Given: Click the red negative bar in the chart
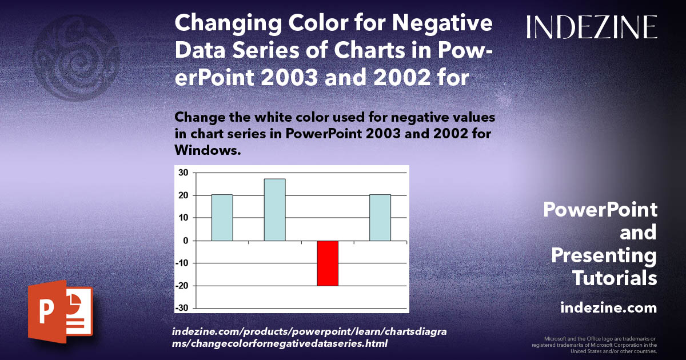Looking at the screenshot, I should click(328, 263).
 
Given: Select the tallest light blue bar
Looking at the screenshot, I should click(274, 210).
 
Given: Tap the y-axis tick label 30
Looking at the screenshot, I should click(183, 173).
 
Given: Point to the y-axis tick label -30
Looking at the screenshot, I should click(181, 308).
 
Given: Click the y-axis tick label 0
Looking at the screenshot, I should click(185, 241).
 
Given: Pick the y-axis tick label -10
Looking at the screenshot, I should click(181, 263).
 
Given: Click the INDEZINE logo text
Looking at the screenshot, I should click(592, 27).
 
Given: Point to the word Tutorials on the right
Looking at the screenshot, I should click(615, 278).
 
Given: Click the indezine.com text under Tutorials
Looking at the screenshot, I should click(608, 308).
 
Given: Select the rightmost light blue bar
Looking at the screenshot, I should click(380, 218).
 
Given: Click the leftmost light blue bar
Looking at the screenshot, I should click(222, 218).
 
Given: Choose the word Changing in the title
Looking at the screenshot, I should click(229, 25).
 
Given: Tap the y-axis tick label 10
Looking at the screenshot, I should click(183, 218).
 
